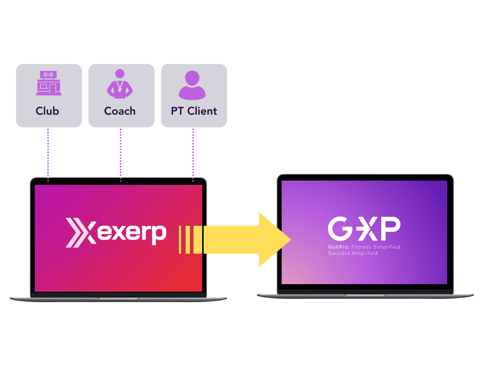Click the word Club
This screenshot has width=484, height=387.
pos(47,111)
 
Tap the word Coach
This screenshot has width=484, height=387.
pos(120,111)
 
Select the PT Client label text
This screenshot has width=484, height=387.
pos(194,111)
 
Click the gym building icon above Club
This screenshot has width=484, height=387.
pos(49,83)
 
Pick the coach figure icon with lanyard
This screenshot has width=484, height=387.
pos(120,83)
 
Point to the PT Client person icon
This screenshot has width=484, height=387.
pos(192,85)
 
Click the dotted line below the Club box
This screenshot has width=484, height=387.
pos(48,155)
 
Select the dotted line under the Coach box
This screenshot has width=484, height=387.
pos(120,155)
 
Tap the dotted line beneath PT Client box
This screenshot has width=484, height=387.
pos(193,155)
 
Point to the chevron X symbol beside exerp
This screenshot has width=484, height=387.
pos(81,233)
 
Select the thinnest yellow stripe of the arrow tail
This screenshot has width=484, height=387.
pos(180,240)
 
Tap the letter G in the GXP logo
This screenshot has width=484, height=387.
pos(340,229)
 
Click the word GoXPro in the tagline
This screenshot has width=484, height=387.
pos(338,247)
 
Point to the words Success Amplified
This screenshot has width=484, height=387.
pos(353,253)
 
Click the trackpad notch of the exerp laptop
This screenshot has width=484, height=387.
pos(119,298)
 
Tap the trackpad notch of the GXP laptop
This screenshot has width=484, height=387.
pos(365,295)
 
